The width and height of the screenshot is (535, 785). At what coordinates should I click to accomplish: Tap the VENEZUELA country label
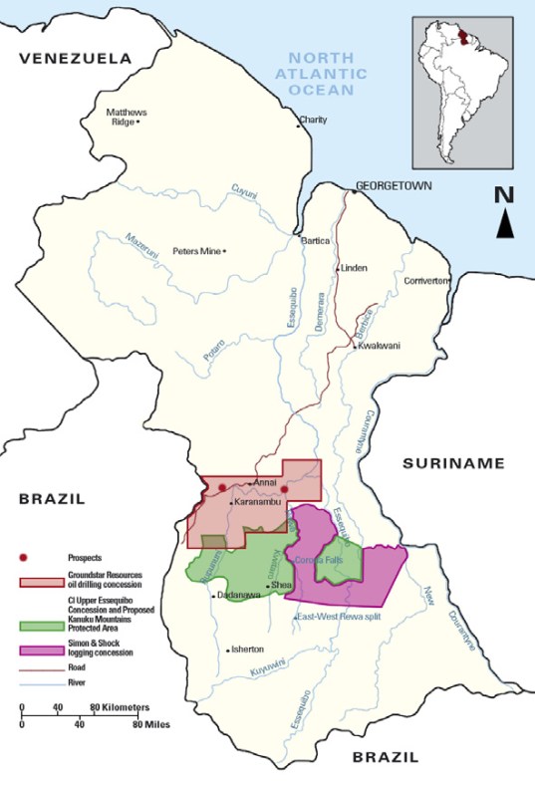point(75,59)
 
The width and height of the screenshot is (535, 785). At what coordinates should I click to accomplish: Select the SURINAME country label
point(453,463)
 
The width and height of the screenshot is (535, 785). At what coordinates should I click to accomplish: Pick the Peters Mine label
point(196,251)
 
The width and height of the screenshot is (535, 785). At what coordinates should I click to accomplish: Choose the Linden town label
point(355,268)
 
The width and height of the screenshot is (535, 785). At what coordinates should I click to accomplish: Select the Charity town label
point(313,122)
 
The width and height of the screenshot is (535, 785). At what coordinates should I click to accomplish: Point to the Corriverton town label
point(427,280)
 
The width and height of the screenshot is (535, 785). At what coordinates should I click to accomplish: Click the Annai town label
point(265,482)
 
